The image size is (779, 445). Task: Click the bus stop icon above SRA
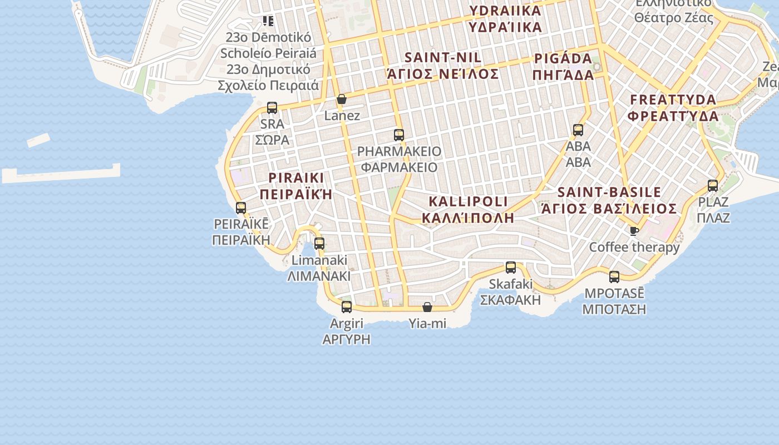click(272, 108)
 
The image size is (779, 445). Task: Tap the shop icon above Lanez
click(342, 100)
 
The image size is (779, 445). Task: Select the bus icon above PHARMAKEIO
click(398, 135)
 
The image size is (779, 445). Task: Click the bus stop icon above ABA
click(578, 130)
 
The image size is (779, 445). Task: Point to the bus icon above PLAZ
click(713, 186)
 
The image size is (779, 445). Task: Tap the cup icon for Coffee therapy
click(634, 231)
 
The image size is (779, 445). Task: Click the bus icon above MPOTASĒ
click(614, 277)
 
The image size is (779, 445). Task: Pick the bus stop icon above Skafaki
click(511, 268)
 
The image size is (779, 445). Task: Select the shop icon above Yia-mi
click(427, 307)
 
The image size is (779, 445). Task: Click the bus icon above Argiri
click(347, 307)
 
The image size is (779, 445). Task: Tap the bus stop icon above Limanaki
click(319, 244)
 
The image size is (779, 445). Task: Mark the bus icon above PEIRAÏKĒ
click(241, 208)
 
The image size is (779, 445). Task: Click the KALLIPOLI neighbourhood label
click(468, 209)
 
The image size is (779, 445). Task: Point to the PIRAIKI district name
click(296, 186)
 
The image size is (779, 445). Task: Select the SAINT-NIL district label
click(443, 65)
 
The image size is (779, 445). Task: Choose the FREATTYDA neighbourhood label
click(673, 108)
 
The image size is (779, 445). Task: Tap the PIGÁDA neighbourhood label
click(563, 67)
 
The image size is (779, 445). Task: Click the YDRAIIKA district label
click(505, 18)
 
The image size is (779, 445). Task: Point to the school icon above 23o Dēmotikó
click(268, 21)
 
